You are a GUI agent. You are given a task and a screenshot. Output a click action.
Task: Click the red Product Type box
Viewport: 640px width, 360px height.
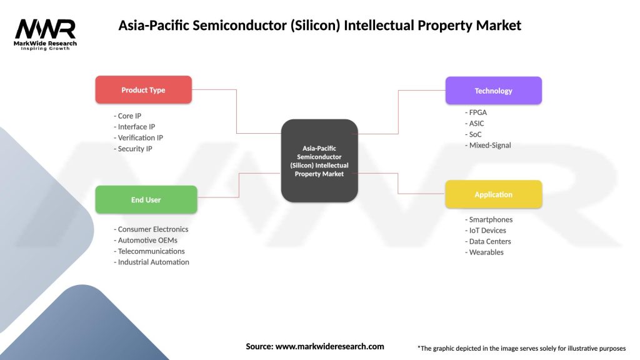click(143, 90)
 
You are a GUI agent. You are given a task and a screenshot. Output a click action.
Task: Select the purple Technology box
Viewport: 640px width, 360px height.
click(493, 91)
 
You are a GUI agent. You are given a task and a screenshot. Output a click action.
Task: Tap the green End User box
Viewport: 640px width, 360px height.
click(146, 200)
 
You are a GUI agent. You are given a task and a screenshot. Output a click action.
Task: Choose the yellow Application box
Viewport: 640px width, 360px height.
click(493, 194)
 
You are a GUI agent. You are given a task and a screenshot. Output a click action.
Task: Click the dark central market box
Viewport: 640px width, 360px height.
click(319, 161)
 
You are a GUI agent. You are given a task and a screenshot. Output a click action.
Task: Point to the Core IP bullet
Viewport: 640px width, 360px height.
click(128, 116)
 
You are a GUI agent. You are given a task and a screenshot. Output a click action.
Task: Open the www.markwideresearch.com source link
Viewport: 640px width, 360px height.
click(330, 346)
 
